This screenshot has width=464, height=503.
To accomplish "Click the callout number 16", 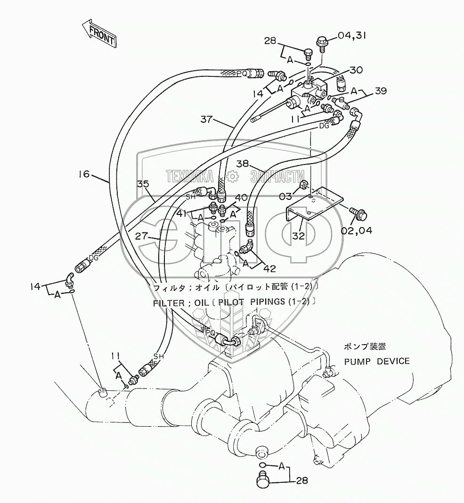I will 83,174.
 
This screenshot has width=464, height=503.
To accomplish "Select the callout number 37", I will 207,119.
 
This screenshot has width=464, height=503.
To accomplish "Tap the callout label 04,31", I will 350,35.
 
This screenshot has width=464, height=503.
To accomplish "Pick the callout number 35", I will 143,184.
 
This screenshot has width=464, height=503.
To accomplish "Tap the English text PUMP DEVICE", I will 376,362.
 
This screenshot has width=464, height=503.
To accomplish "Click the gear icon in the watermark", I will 232,177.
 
